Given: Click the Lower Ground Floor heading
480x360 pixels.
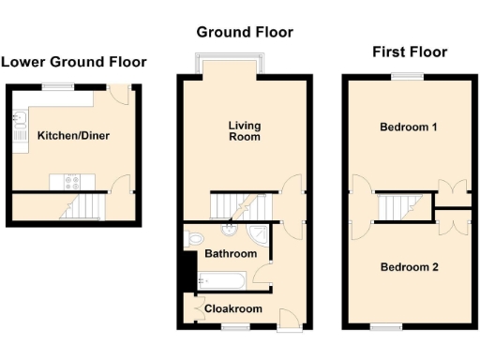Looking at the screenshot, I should [x=73, y=63].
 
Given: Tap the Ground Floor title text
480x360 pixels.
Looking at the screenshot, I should [x=245, y=32].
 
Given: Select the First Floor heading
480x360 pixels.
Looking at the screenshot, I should [x=410, y=52].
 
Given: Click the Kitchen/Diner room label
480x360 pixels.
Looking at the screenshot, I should [x=73, y=136].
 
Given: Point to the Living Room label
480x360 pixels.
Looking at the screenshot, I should [x=245, y=131].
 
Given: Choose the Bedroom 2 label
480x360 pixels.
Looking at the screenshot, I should [x=410, y=267].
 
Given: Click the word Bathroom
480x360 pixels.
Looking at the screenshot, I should [x=231, y=254].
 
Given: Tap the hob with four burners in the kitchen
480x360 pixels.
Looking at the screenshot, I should [x=74, y=179].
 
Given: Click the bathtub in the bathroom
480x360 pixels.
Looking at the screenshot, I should [x=222, y=278].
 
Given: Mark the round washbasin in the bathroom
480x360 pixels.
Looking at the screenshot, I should [x=228, y=231].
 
